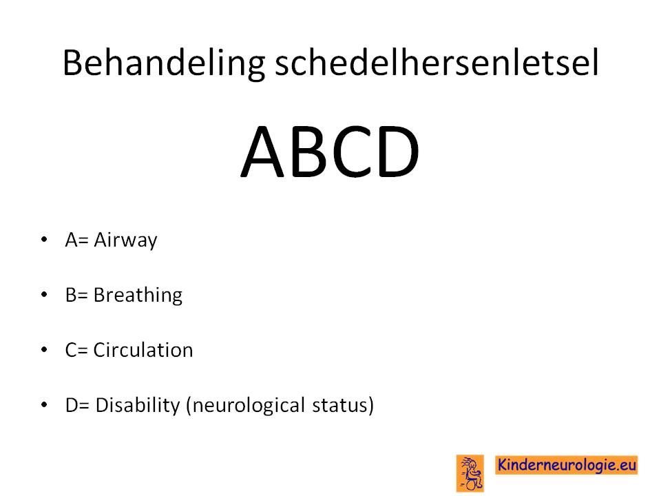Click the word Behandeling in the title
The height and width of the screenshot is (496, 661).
point(164,64)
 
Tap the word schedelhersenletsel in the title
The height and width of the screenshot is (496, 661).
point(437,63)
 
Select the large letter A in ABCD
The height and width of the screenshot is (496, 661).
point(263,152)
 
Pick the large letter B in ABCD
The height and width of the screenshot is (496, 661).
point(308,152)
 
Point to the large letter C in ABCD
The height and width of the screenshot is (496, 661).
point(352,152)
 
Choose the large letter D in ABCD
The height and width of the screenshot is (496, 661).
point(399,152)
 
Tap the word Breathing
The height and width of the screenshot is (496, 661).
point(138,296)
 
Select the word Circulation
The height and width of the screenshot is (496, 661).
point(143,350)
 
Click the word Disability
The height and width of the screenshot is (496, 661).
point(138,406)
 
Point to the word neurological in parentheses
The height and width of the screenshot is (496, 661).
point(249,406)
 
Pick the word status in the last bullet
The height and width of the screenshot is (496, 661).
point(339,405)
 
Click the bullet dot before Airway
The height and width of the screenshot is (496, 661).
point(44,240)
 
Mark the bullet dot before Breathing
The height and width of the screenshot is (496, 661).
point(44,294)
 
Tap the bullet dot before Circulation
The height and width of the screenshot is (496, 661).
point(44,350)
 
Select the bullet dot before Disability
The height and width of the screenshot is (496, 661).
point(44,404)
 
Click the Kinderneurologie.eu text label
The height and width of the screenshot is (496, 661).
point(566,465)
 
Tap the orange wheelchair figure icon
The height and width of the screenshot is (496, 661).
point(470,473)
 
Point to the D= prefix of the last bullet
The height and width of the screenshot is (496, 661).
point(78,405)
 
